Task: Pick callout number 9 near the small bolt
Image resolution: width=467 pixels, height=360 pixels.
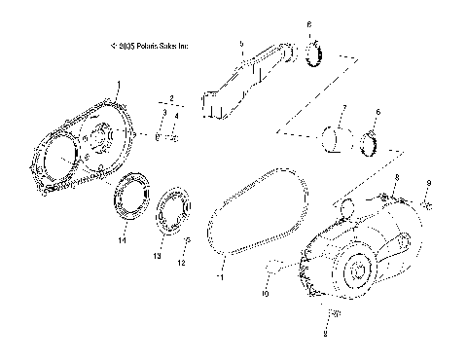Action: tap(429, 183)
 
